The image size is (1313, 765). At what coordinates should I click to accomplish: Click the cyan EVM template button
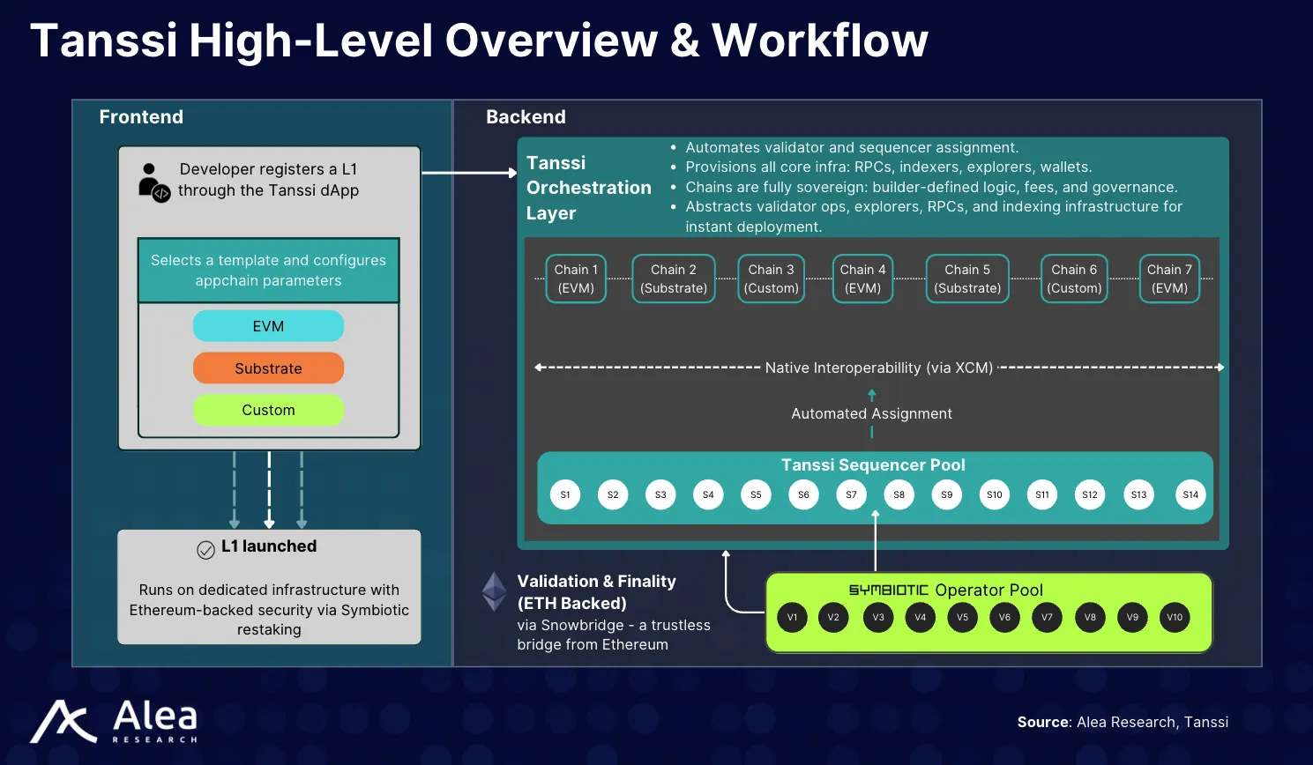pos(268,326)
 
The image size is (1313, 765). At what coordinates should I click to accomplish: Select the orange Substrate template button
pos(268,368)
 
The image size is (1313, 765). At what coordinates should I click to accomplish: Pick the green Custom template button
pos(268,410)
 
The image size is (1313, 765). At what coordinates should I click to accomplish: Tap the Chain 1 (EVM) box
pos(576,279)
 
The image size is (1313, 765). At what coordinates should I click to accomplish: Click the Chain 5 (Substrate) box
pos(967,279)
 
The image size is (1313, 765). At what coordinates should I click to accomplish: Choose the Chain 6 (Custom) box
pos(1074,279)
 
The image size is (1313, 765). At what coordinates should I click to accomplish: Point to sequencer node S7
pos(851,494)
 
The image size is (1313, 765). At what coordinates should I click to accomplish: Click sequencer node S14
pos(1190,494)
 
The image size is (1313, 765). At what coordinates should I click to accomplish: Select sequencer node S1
pos(565,494)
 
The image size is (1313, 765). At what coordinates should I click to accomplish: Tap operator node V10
pos(1175,617)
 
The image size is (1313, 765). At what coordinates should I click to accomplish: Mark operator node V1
pos(792,617)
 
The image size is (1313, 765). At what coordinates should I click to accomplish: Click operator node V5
pos(962,617)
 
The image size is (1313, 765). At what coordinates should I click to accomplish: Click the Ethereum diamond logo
pos(494,591)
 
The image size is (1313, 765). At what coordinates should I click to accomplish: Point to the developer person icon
pos(153,182)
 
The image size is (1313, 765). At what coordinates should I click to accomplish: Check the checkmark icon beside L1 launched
pos(205,550)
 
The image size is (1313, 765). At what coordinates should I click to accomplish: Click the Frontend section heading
pos(141,117)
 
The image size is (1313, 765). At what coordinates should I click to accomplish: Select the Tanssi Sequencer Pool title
pos(873,464)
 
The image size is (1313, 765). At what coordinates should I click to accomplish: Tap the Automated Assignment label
pos(871,413)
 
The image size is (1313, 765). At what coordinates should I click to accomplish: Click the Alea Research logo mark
pos(63,722)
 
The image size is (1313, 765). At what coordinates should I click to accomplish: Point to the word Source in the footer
pos(1043,722)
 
